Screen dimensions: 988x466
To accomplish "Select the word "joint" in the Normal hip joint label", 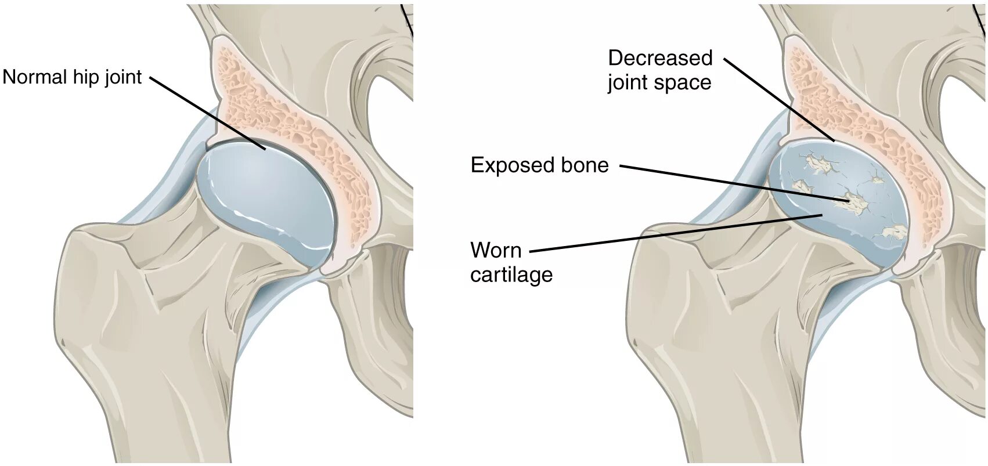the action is [123, 77].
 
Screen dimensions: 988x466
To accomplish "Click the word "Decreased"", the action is [660, 58].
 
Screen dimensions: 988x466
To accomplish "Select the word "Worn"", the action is [496, 251].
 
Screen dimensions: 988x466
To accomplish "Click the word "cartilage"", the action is [511, 274].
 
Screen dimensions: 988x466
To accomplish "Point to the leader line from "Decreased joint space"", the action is [778, 99].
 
